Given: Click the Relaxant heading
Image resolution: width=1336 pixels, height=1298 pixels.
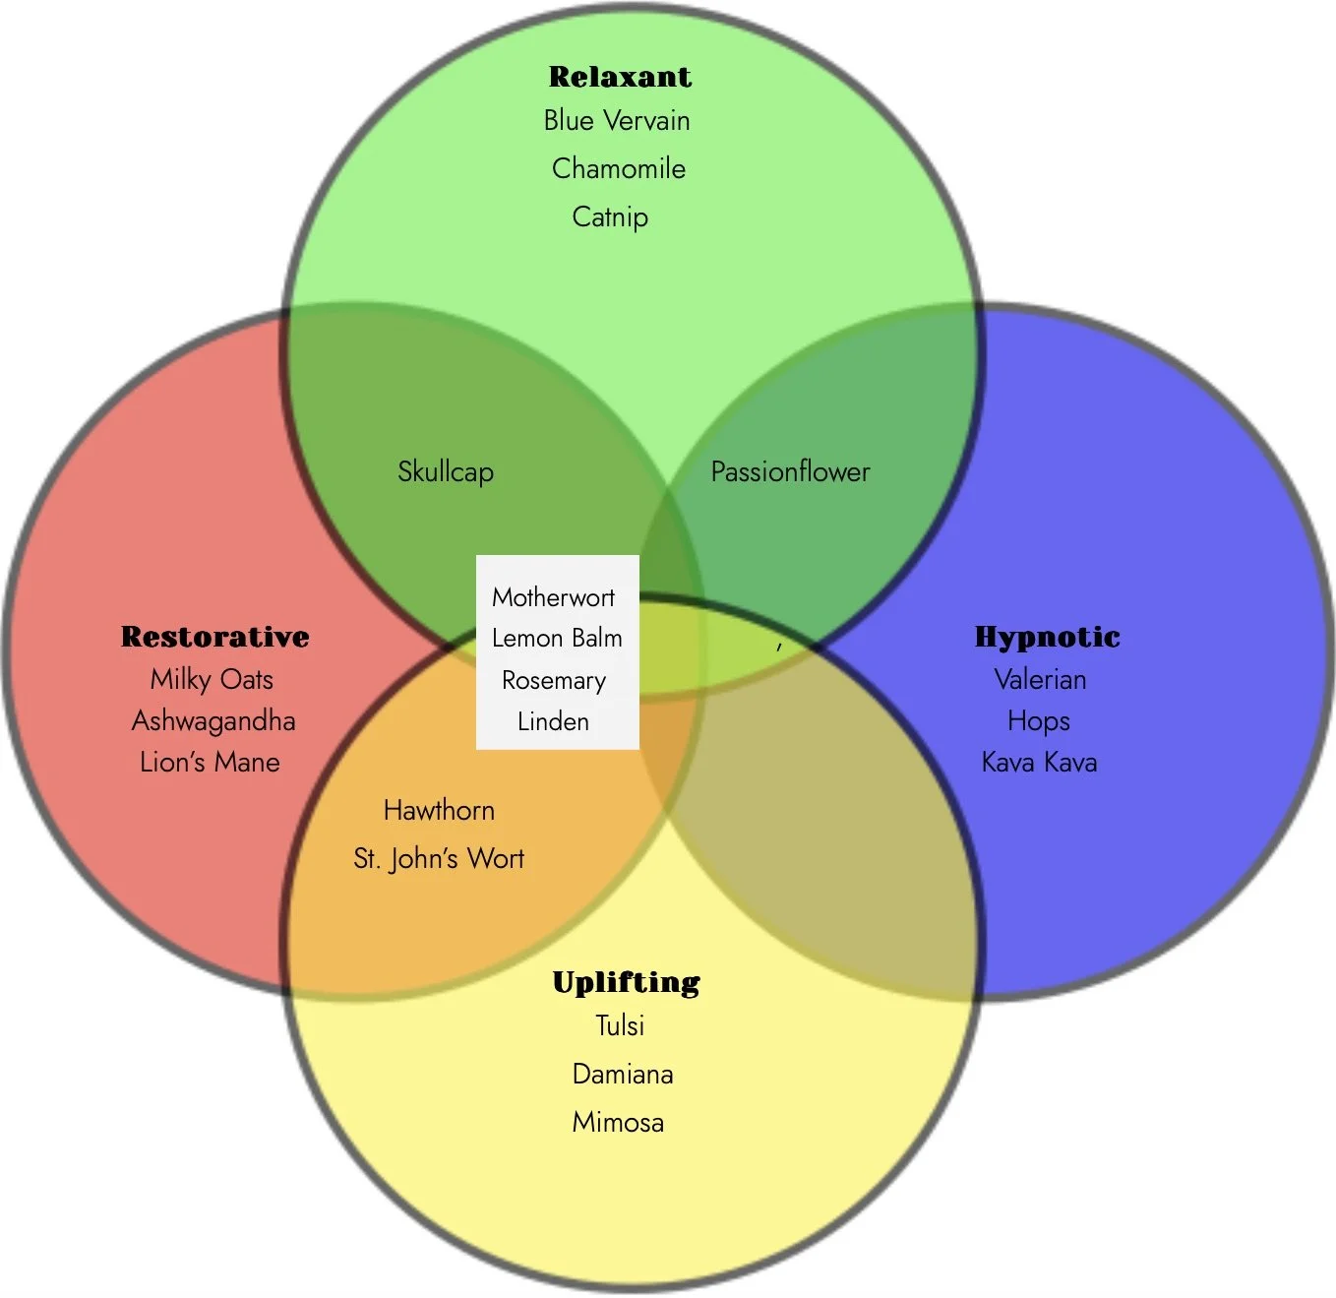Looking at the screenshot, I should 620,77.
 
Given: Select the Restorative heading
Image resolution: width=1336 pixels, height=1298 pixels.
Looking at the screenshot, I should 215,637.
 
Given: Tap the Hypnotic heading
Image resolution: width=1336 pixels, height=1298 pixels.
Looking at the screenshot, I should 1047,637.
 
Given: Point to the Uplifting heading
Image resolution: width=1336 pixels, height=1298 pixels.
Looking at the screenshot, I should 626,982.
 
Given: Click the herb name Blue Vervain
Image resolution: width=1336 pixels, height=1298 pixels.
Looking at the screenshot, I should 617,121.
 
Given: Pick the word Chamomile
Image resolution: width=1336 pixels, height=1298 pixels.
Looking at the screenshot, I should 619,168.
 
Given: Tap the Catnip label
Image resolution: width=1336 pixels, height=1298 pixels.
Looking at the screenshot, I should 610,216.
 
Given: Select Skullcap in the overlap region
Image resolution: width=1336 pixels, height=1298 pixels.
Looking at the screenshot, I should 446,471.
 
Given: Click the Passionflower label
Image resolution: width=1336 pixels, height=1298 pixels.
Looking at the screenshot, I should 790,471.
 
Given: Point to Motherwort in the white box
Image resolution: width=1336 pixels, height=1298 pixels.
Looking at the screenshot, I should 553,597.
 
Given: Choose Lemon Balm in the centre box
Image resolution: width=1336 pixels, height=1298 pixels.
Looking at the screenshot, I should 557,639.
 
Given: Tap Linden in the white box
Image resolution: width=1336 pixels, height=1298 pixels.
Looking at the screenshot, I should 553,721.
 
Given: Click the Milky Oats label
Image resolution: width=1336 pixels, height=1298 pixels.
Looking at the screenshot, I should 212,679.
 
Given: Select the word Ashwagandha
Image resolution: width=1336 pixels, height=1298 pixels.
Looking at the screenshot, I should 213,720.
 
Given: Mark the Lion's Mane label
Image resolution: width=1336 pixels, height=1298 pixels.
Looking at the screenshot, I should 210,762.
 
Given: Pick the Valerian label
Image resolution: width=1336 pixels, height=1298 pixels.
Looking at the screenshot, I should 1040,679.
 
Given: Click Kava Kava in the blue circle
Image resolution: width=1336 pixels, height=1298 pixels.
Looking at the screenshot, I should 1039,762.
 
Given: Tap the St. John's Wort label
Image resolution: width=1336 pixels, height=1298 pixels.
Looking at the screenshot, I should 439,858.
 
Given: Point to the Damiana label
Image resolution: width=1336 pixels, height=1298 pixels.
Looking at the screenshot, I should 623,1074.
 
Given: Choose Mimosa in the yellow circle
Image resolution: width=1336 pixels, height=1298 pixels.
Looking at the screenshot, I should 618,1122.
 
